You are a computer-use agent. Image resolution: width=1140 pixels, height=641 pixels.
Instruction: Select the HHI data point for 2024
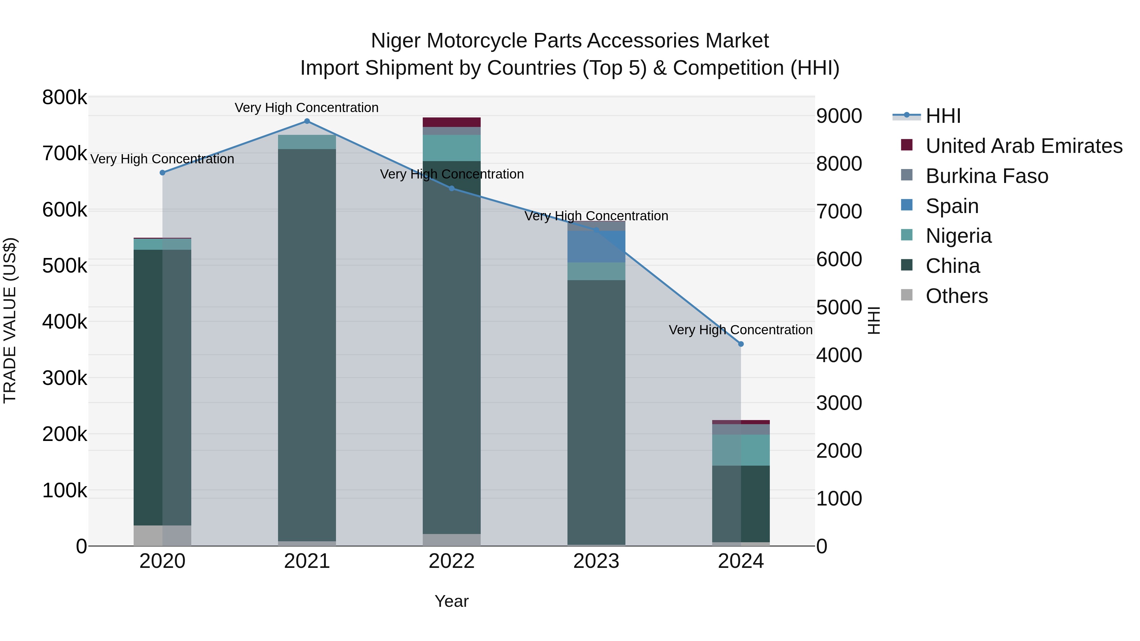[x=741, y=344]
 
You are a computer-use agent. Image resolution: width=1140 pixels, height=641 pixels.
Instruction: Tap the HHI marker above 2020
[x=162, y=173]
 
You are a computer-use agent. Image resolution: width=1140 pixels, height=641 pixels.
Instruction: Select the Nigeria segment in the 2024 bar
[x=741, y=450]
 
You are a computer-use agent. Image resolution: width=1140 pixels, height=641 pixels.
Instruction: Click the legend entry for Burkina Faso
[x=986, y=176]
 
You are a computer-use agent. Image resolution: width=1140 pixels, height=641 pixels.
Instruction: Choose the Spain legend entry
[x=952, y=206]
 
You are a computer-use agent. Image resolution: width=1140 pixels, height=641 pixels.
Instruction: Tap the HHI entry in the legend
[x=943, y=116]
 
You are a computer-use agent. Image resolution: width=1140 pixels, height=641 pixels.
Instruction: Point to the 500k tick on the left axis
[x=65, y=266]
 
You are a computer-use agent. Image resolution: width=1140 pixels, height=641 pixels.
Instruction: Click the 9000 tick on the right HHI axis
[x=839, y=116]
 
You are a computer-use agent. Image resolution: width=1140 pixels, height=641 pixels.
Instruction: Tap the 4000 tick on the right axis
[x=839, y=355]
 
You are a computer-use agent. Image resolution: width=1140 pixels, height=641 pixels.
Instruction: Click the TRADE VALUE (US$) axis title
[x=10, y=321]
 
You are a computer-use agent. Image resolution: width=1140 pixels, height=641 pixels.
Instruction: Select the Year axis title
[x=451, y=601]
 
